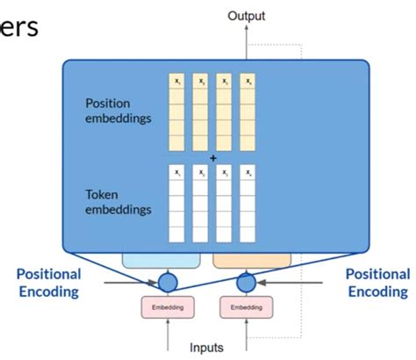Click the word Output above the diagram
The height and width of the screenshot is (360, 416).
click(x=246, y=15)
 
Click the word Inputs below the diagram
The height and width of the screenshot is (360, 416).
click(x=208, y=347)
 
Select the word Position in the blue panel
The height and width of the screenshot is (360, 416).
click(x=108, y=103)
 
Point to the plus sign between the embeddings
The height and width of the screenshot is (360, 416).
click(x=212, y=158)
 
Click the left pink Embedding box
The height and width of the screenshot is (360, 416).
click(x=167, y=307)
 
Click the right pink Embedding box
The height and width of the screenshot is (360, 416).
click(x=246, y=307)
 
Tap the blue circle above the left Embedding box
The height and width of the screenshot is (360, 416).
click(x=167, y=283)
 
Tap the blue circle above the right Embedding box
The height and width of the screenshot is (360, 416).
click(x=246, y=283)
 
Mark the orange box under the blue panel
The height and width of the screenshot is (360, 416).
click(x=253, y=260)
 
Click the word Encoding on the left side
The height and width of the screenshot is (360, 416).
click(x=49, y=291)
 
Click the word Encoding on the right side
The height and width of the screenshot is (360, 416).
click(x=377, y=291)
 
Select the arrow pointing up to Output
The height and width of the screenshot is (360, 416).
click(x=246, y=40)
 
